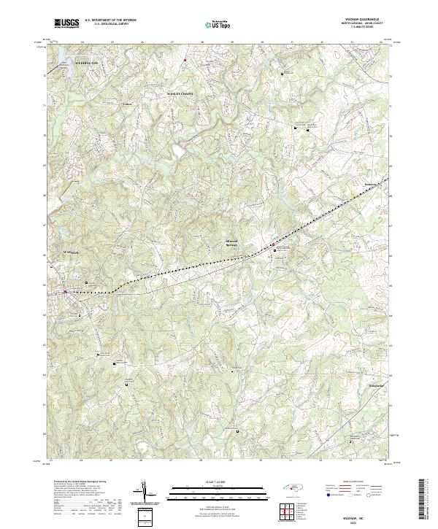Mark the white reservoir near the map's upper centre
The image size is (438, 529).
[178, 152]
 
